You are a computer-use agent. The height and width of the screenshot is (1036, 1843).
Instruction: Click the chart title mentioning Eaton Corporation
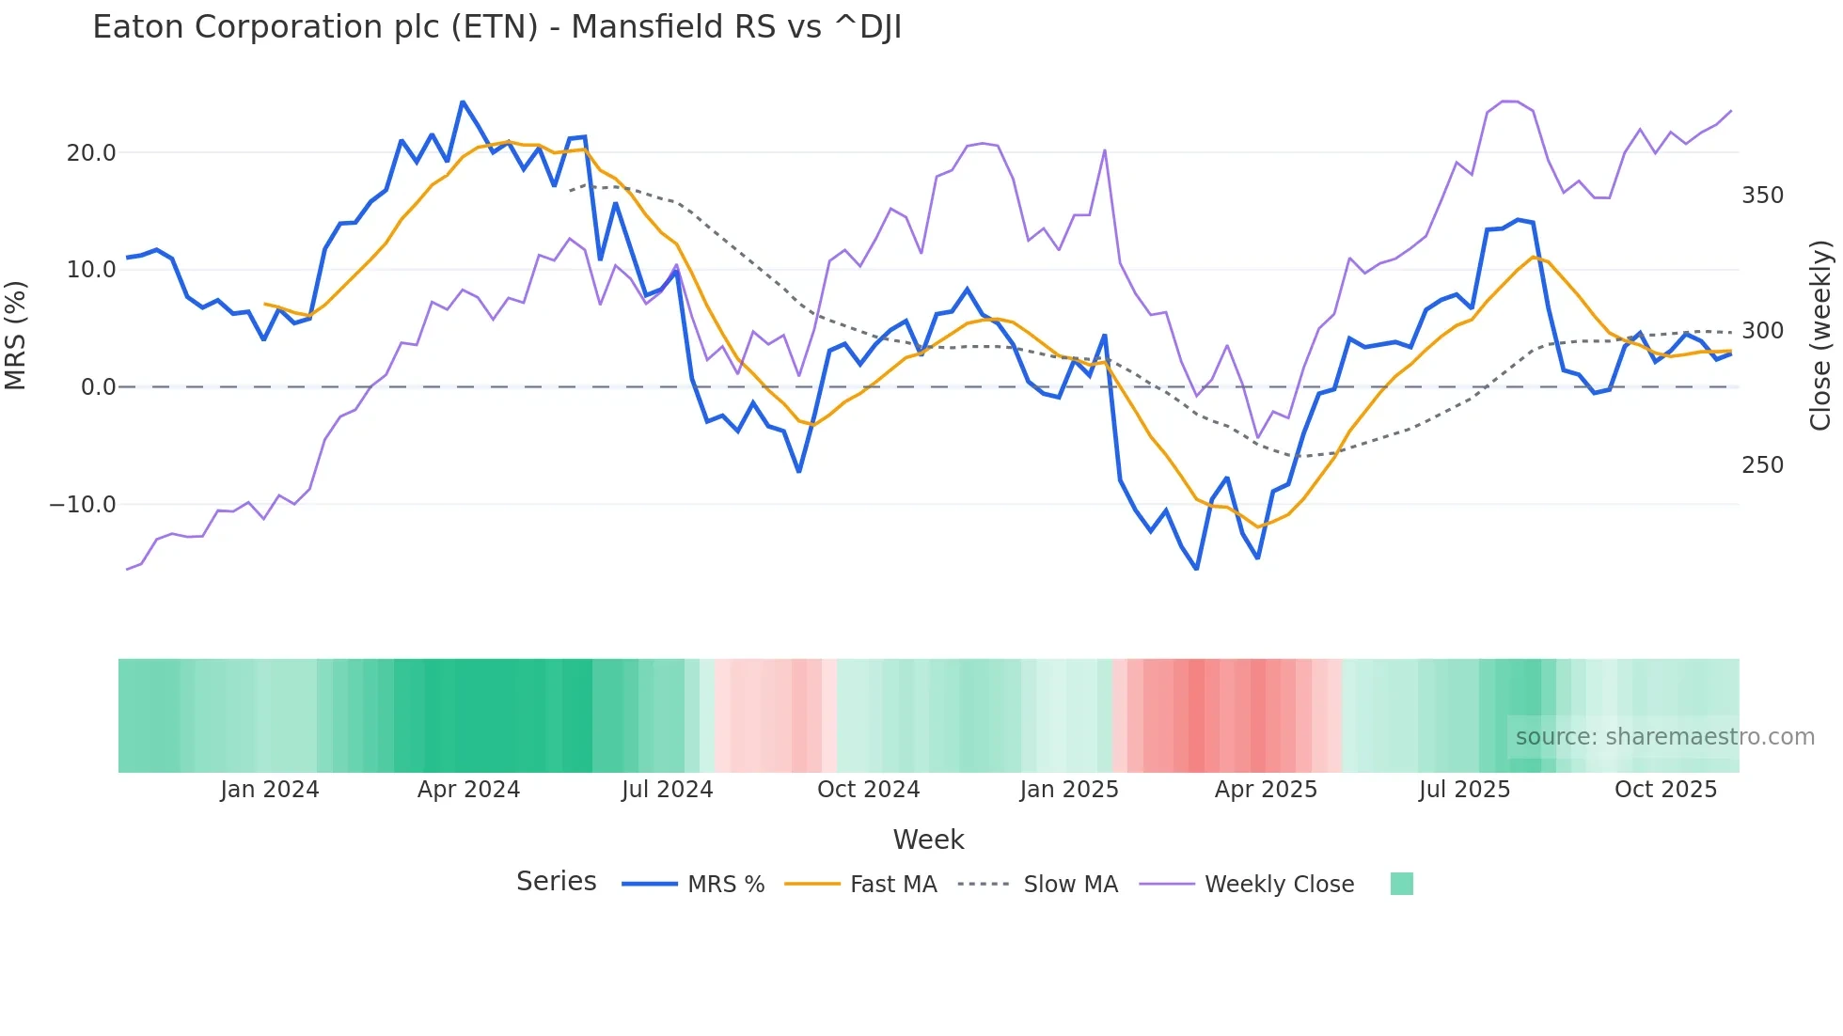(496, 27)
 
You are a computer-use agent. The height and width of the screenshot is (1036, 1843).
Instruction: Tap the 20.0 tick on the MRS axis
(91, 153)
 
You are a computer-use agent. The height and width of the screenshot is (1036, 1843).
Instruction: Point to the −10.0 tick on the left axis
(84, 505)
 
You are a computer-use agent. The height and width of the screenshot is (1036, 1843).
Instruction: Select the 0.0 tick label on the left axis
(99, 387)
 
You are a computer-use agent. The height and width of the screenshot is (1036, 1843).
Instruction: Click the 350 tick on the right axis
(1762, 196)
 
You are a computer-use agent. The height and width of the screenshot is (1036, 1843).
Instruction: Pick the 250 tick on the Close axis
(1762, 465)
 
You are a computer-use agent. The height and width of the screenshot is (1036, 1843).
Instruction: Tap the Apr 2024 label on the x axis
(468, 790)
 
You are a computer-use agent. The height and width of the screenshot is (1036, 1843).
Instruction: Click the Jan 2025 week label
(1069, 790)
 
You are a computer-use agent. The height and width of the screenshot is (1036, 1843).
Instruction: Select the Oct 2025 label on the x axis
(1665, 790)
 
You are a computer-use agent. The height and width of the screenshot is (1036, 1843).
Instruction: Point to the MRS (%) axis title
(16, 335)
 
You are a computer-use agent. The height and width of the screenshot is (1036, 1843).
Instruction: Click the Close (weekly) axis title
(1821, 335)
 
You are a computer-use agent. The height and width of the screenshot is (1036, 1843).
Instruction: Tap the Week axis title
(928, 840)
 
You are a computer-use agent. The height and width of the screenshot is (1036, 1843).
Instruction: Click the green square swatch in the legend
(1401, 884)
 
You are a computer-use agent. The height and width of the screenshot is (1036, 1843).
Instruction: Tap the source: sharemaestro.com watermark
(1664, 737)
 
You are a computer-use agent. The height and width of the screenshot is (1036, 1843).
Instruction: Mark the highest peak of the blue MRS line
(463, 102)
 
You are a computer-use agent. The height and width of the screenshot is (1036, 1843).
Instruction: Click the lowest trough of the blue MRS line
(1197, 569)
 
